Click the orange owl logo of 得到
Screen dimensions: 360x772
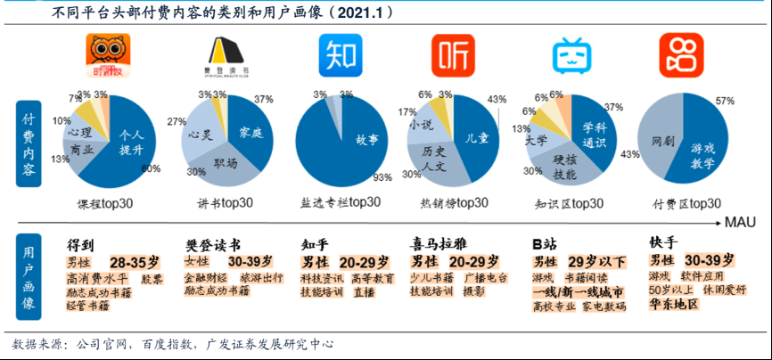click(x=107, y=56)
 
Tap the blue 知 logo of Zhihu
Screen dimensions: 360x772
click(x=340, y=56)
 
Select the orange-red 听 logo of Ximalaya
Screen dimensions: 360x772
click(x=453, y=56)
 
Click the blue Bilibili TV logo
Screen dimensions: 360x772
click(x=568, y=56)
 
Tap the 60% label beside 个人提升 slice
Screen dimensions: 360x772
click(x=151, y=169)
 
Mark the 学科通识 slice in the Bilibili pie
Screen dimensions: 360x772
click(x=595, y=134)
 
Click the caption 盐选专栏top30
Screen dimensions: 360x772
click(x=339, y=203)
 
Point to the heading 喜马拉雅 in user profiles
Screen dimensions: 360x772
click(x=438, y=243)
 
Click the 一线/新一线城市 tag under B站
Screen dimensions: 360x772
click(x=577, y=290)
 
